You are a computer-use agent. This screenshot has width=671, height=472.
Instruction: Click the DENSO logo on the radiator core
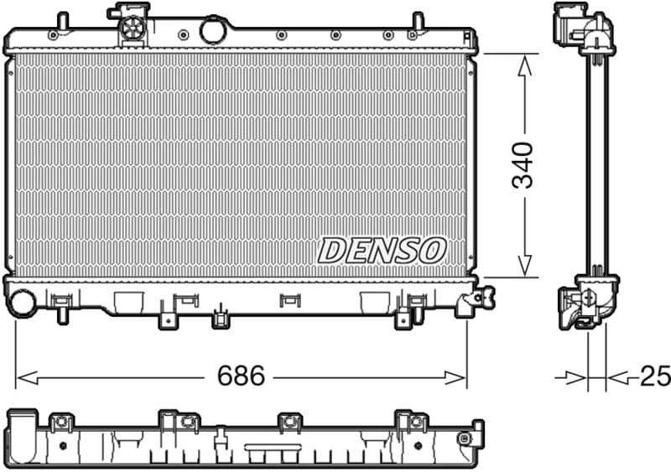(x=382, y=249)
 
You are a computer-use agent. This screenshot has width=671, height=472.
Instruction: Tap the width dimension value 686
(x=241, y=376)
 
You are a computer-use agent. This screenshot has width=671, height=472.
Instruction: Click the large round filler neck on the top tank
(x=214, y=30)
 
